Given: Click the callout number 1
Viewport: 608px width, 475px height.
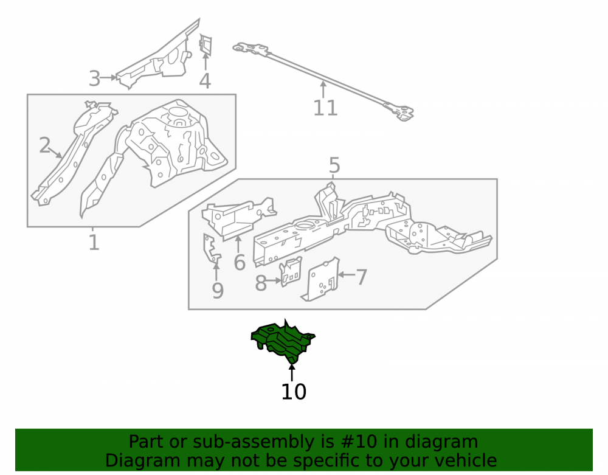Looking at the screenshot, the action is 94,242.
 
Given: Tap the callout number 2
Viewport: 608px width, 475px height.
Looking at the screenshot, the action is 44,145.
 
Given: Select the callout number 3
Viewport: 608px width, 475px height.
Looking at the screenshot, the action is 95,78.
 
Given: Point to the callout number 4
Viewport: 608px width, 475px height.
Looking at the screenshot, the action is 205,81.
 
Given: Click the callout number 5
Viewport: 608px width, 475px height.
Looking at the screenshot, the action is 334,165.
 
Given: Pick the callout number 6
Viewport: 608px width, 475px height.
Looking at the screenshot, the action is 240,263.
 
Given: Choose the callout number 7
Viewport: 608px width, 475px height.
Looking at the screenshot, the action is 361,277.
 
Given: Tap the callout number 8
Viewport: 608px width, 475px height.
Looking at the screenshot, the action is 261,283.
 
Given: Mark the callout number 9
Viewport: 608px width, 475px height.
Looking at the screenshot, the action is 218,291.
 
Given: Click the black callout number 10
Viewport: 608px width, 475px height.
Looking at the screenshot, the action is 294,392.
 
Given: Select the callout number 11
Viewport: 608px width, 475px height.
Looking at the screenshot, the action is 325,108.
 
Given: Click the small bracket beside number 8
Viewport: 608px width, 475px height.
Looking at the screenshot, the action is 291,271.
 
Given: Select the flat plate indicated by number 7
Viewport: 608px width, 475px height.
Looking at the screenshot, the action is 320,279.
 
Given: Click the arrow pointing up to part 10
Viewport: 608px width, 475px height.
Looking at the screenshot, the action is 292,372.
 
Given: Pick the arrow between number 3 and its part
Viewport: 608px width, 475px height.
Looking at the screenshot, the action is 108,78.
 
